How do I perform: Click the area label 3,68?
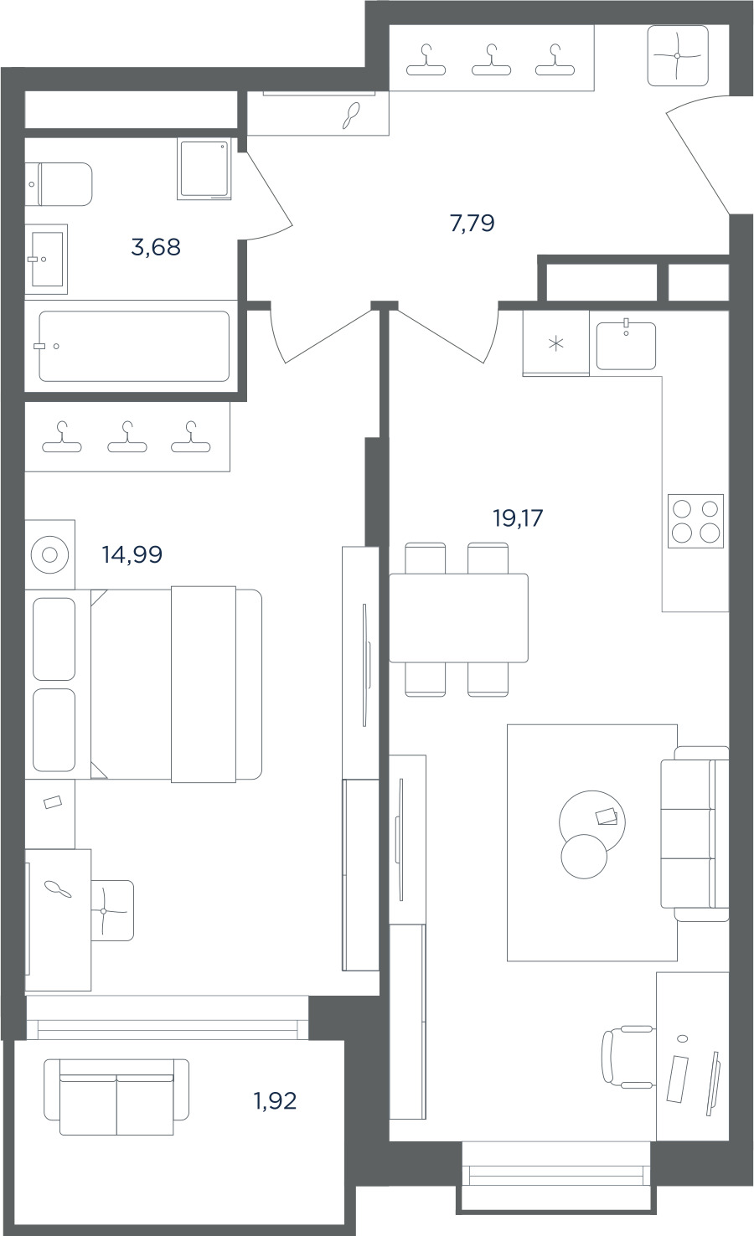click(x=156, y=247)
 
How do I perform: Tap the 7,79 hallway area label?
click(x=472, y=223)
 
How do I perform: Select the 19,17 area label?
click(x=518, y=518)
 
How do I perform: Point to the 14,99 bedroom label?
click(x=132, y=554)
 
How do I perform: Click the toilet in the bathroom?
click(x=59, y=183)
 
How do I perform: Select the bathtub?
click(x=133, y=346)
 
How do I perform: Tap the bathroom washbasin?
click(x=46, y=259)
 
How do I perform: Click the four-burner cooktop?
click(x=695, y=522)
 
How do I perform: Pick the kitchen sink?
click(x=626, y=346)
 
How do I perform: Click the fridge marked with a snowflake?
click(x=555, y=343)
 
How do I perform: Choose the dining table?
click(x=459, y=618)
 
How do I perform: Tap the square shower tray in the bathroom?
click(x=204, y=168)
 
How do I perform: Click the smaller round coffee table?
click(x=584, y=857)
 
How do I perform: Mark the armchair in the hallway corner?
click(x=678, y=56)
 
